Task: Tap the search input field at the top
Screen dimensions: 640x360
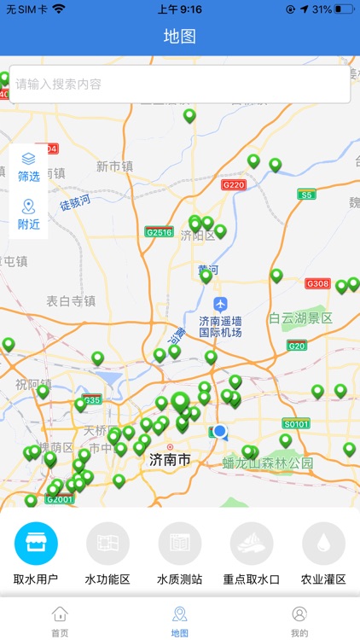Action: (179, 84)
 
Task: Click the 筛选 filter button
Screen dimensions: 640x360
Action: (29, 166)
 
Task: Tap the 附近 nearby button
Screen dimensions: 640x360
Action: (29, 214)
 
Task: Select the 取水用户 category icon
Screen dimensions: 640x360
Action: (36, 544)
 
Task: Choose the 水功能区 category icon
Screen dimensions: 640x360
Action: (107, 544)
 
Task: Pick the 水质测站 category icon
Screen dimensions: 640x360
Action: (179, 544)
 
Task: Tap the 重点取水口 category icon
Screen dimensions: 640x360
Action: (252, 544)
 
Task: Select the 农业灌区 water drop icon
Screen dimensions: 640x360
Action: (323, 544)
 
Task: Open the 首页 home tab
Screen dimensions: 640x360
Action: (60, 620)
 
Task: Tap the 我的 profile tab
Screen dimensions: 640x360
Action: (299, 620)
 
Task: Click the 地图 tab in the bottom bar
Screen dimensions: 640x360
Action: (179, 620)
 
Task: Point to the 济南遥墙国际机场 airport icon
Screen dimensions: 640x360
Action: (221, 304)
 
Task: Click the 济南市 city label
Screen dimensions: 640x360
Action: (170, 460)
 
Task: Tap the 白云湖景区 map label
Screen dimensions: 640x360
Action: (300, 318)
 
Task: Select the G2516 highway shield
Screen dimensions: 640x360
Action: (159, 231)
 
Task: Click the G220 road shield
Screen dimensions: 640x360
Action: (233, 184)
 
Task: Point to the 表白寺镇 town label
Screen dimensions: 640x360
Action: (71, 300)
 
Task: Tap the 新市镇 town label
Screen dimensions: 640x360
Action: (114, 166)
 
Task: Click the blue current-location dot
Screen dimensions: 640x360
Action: (221, 432)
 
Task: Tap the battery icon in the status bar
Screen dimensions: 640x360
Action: (344, 9)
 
